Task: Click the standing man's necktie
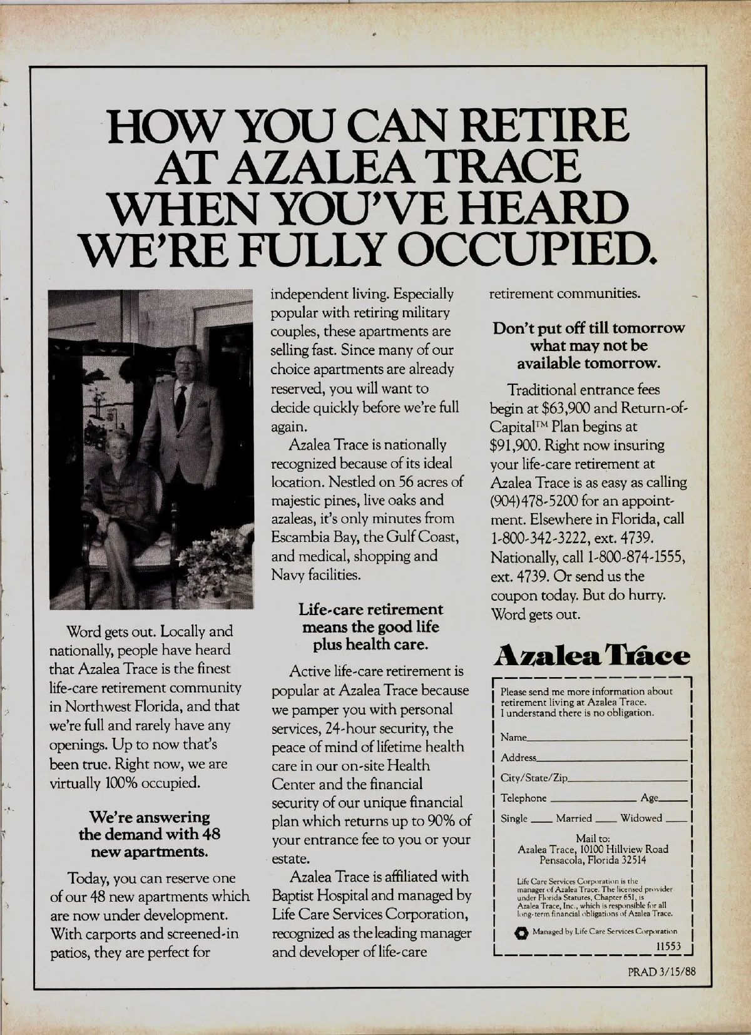[180, 397]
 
